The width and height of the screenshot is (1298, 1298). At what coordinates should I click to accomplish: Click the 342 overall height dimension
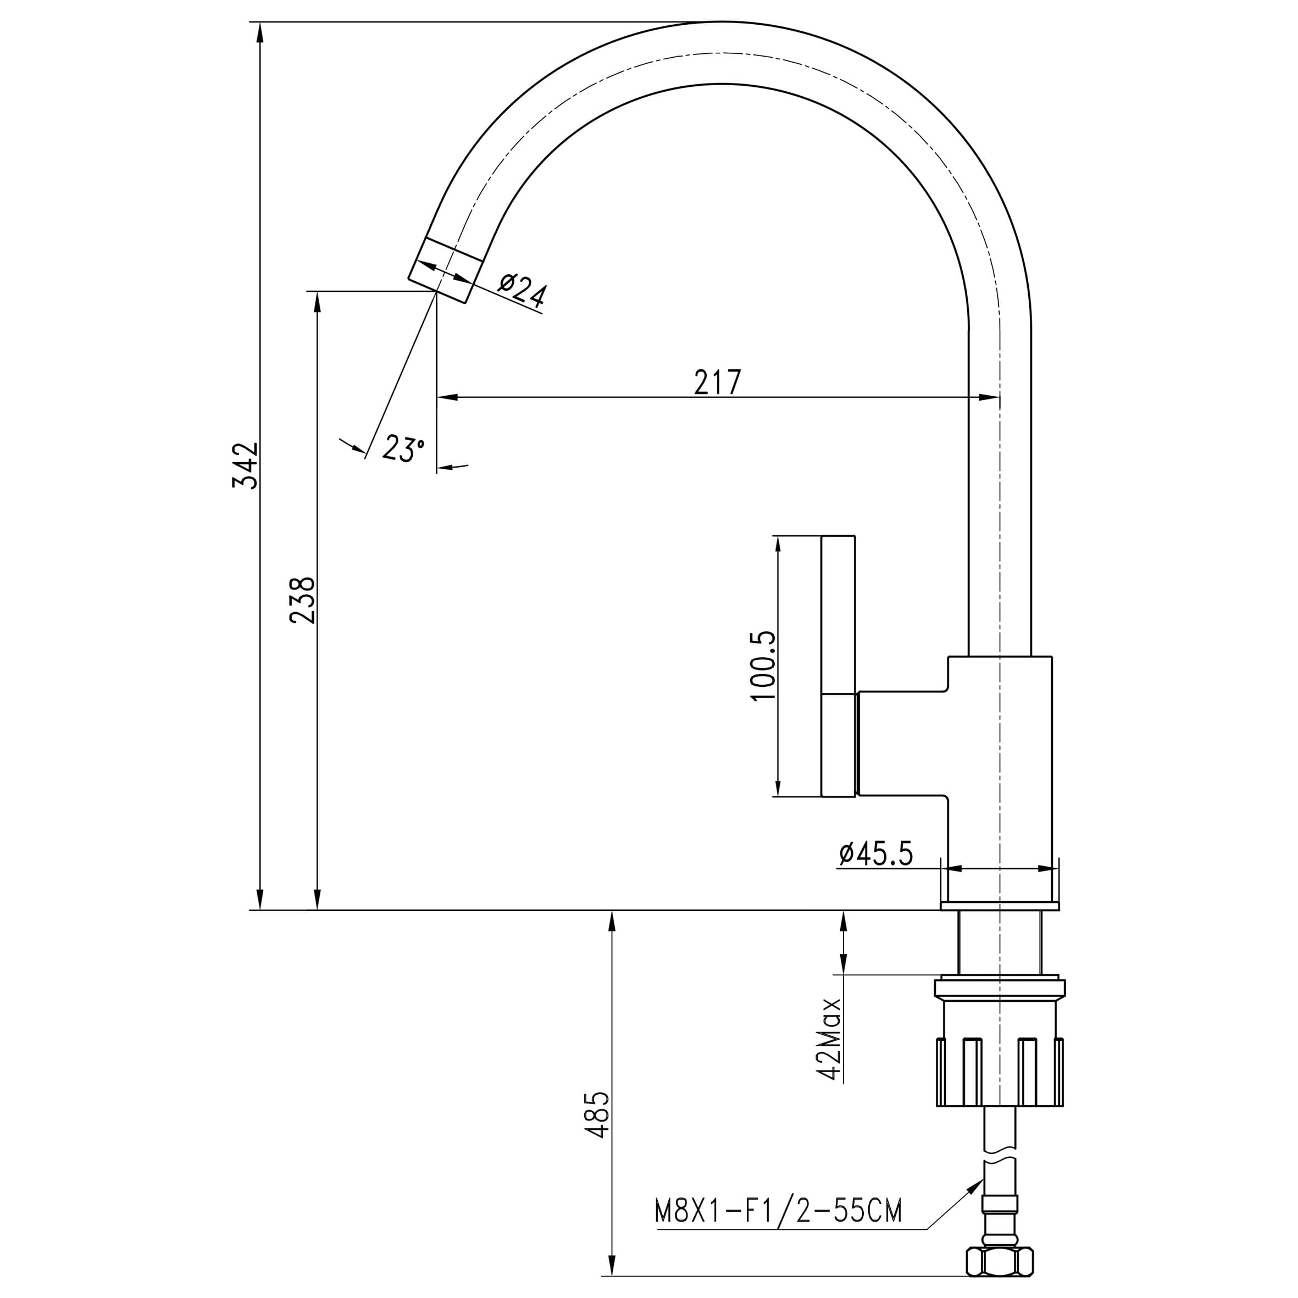point(245,465)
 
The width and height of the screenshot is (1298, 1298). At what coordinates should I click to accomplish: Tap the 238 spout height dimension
point(302,600)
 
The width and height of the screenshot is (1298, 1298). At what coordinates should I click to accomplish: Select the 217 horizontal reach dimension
point(718,381)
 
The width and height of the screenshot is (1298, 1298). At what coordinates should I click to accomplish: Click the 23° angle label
point(403,447)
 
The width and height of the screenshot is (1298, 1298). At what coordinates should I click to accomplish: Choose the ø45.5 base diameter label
point(876,853)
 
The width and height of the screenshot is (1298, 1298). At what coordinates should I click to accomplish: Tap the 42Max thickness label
point(829,1039)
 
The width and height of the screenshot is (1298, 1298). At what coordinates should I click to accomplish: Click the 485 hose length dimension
point(597,1115)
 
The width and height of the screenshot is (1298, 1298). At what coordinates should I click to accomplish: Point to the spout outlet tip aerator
point(446,271)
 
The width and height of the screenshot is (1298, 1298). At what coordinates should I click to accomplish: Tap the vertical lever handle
point(839,666)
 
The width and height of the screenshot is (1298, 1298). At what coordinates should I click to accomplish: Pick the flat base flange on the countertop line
point(1000,906)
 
